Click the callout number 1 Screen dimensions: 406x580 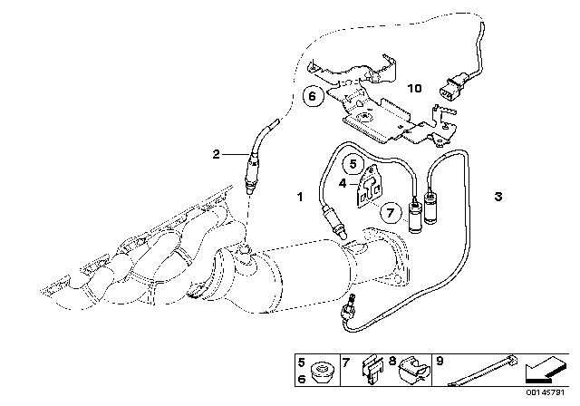[x=299, y=196]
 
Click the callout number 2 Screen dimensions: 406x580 [x=217, y=154]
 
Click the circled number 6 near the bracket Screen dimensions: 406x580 [x=311, y=95]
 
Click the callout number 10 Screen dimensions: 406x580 [x=415, y=89]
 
